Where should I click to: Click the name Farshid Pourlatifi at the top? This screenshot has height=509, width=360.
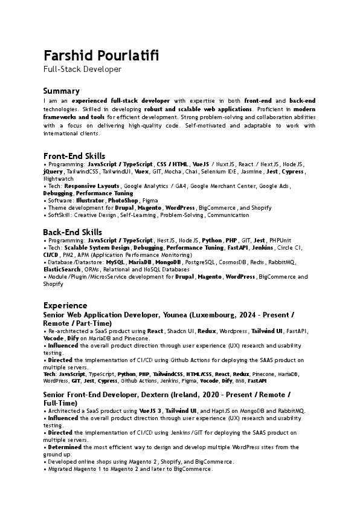point(101,56)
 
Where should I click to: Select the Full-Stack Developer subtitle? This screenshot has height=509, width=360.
point(82,70)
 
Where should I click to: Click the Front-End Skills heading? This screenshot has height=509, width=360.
point(74,156)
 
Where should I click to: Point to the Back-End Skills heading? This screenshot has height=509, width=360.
point(72,232)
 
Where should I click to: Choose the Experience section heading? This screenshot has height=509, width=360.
point(65,305)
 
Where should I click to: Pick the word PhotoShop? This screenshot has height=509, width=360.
point(123,200)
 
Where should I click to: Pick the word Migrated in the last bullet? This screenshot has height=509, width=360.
point(60,469)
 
